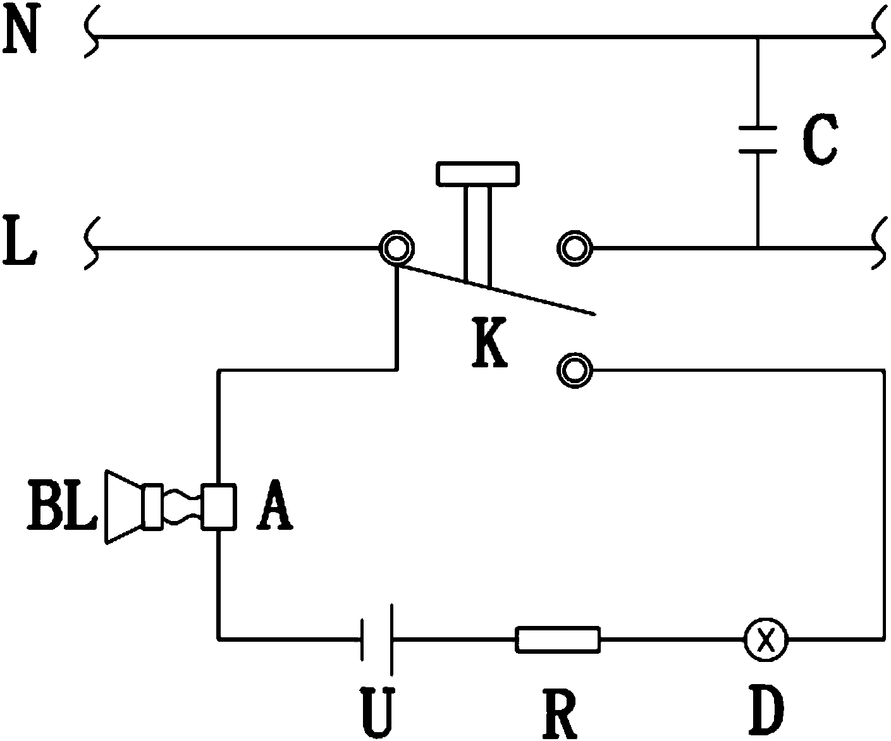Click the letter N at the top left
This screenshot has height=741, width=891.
[x=21, y=29]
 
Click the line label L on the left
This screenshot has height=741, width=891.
[x=20, y=240]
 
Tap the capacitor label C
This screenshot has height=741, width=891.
[x=820, y=140]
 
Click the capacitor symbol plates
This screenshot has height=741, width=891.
[x=758, y=140]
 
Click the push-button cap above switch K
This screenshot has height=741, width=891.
[x=477, y=174]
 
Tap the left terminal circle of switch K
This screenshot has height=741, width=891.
[x=396, y=248]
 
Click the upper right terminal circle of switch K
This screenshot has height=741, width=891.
[x=575, y=248]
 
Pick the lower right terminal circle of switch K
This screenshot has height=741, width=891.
[x=575, y=370]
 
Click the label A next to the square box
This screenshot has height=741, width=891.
[x=274, y=506]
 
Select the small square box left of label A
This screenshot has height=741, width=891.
[x=219, y=507]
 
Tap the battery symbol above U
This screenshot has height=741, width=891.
[x=376, y=639]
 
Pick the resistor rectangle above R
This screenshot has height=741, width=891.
[x=558, y=639]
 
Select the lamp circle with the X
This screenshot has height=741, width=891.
[x=766, y=639]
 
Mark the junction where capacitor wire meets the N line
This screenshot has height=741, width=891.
[x=758, y=37]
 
